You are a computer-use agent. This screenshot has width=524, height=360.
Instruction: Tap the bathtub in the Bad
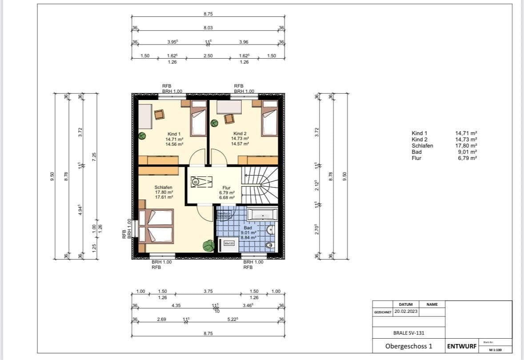click(262, 215)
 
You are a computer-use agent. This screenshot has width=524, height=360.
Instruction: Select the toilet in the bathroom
click(270, 244)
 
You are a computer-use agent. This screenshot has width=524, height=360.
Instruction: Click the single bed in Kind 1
click(199, 119)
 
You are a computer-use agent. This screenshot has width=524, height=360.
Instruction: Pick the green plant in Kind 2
click(214, 123)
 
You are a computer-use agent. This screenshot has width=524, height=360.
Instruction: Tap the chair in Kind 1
click(160, 115)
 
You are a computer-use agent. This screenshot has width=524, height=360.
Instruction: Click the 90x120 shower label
click(229, 243)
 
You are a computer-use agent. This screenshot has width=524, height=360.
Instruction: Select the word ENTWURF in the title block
click(462, 346)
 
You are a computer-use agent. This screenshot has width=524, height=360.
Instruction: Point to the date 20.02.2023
click(406, 312)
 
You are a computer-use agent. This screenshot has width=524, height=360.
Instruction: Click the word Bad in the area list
click(416, 152)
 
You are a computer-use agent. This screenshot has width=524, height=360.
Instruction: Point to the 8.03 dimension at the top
click(208, 28)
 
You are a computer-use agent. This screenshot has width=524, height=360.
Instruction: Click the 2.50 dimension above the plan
click(208, 56)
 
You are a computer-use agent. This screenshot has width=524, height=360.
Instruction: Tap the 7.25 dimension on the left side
click(94, 156)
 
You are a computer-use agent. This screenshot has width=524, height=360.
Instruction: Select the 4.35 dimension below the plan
click(175, 305)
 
